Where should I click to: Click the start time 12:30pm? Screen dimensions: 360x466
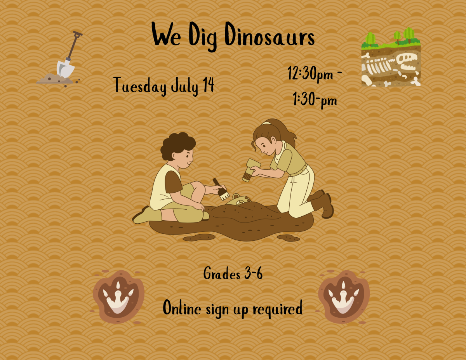pyautogui.click(x=310, y=74)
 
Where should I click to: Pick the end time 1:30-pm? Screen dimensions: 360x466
pyautogui.click(x=315, y=100)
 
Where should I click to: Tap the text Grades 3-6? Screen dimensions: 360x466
pyautogui.click(x=233, y=274)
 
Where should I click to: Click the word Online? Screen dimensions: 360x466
pyautogui.click(x=182, y=308)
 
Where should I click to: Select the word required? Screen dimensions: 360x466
pyautogui.click(x=277, y=309)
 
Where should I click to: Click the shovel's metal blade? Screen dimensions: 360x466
pyautogui.click(x=65, y=68)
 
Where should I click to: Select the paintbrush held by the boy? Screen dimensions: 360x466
pyautogui.click(x=221, y=190)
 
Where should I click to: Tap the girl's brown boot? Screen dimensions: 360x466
pyautogui.click(x=325, y=205)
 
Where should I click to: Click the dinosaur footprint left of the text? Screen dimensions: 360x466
pyautogui.click(x=118, y=297)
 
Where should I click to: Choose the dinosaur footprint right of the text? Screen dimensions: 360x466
pyautogui.click(x=344, y=297)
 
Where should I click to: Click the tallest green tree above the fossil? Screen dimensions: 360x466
pyautogui.click(x=409, y=34)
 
